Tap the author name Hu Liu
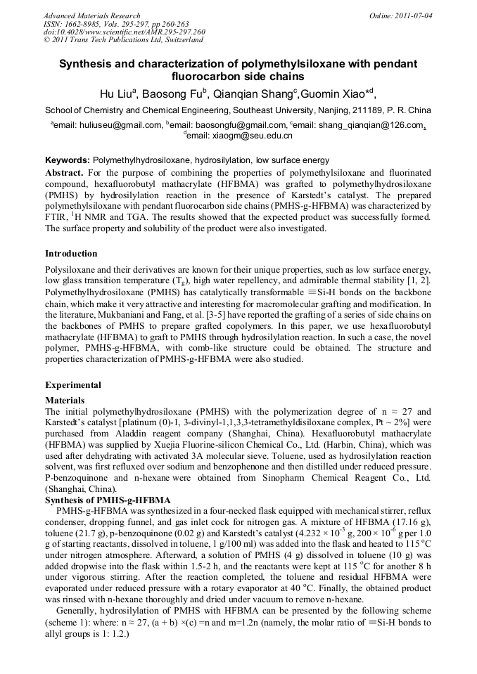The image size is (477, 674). pos(117,93)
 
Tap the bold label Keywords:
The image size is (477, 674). pos(68,160)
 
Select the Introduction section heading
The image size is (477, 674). pos(72,253)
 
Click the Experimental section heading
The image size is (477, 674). pos(73,384)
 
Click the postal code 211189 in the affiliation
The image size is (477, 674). pos(358,110)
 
